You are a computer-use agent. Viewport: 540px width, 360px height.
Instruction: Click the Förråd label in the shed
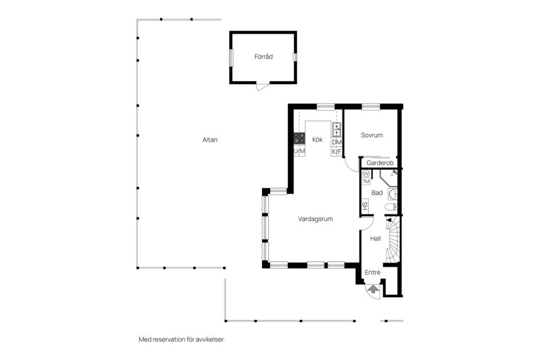pyautogui.click(x=263, y=56)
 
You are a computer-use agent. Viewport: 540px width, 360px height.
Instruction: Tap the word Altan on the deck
pyautogui.click(x=210, y=139)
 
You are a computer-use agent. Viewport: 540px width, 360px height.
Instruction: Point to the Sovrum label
pyautogui.click(x=372, y=135)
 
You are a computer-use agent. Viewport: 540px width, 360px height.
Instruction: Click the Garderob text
pyautogui.click(x=379, y=163)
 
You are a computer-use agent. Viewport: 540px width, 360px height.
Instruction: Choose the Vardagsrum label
pyautogui.click(x=316, y=219)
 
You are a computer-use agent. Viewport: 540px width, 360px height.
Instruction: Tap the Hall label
pyautogui.click(x=376, y=238)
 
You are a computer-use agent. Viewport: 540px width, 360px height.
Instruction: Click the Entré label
pyautogui.click(x=372, y=272)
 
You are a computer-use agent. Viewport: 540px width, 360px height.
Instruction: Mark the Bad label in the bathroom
pyautogui.click(x=377, y=193)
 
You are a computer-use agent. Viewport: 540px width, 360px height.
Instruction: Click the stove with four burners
pyautogui.click(x=299, y=138)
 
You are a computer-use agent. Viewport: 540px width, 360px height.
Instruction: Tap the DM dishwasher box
pyautogui.click(x=336, y=143)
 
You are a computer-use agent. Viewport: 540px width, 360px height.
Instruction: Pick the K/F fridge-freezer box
pyautogui.click(x=336, y=152)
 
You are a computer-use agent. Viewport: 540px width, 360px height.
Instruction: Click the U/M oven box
pyautogui.click(x=299, y=151)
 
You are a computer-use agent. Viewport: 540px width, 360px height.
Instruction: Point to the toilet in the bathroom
pyautogui.click(x=391, y=208)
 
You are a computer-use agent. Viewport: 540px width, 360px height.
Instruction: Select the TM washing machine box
pyautogui.click(x=366, y=181)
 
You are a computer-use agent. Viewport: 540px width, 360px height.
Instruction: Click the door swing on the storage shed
pyautogui.click(x=263, y=87)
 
